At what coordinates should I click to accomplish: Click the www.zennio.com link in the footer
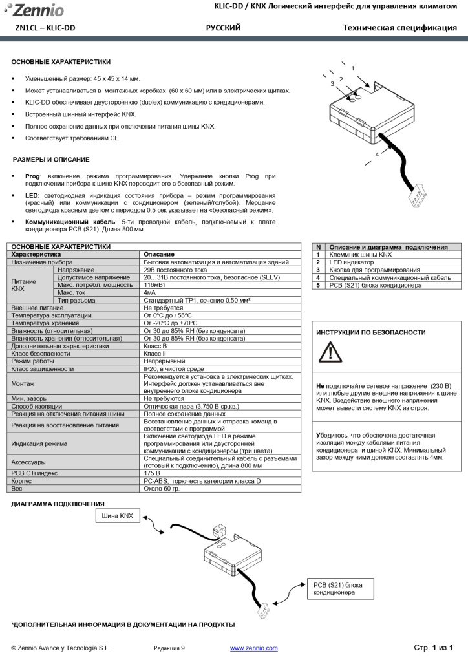click(x=253, y=648)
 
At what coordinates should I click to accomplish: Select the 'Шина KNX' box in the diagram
click(x=117, y=515)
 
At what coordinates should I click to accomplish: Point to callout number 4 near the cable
click(x=377, y=155)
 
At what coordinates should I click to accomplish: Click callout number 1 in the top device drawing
click(x=353, y=68)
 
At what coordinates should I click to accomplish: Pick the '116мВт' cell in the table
click(x=153, y=284)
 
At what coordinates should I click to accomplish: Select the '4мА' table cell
click(x=149, y=292)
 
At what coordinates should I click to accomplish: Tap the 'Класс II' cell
click(x=154, y=354)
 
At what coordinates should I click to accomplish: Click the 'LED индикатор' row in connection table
click(x=352, y=262)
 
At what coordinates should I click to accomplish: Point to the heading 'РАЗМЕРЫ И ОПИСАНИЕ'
click(x=51, y=159)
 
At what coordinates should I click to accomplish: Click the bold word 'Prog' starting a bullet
click(x=32, y=176)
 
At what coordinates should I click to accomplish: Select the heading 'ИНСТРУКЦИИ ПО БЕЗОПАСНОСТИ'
click(x=370, y=332)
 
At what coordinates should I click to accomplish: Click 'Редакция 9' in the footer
click(x=169, y=648)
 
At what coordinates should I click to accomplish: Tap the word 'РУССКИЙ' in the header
click(x=223, y=28)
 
